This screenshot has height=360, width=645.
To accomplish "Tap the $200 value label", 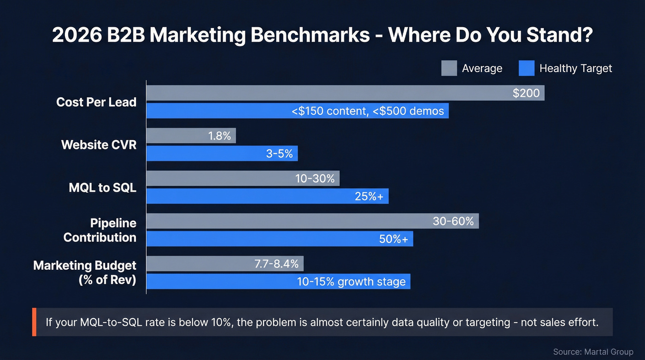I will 526,93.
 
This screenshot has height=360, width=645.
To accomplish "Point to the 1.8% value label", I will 219,136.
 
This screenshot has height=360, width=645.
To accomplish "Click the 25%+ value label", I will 369,196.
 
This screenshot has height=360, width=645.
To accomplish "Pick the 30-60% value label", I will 453,221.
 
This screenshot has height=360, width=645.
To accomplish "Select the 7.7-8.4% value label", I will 276,264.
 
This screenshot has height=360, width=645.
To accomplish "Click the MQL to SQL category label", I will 102,188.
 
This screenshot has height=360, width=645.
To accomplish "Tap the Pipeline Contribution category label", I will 100,230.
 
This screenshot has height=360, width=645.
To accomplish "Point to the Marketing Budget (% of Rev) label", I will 85,272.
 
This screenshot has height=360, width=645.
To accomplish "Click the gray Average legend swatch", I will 449,68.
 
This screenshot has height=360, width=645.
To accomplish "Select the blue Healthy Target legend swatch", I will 526,68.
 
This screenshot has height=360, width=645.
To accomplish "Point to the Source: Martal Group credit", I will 593,352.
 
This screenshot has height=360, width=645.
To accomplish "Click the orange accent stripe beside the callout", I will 34,322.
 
